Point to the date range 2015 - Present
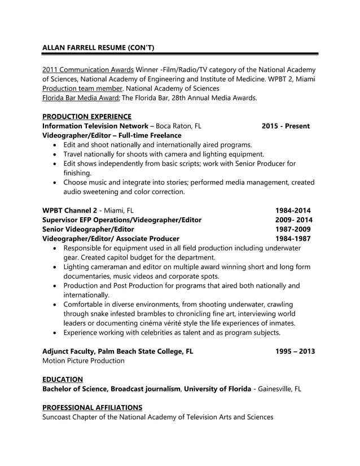point(286,126)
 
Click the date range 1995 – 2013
point(295,351)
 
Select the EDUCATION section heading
point(63,379)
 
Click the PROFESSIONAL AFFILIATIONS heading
point(92,407)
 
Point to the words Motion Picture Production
point(84,361)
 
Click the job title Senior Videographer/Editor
point(88,229)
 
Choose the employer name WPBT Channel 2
point(70,210)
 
